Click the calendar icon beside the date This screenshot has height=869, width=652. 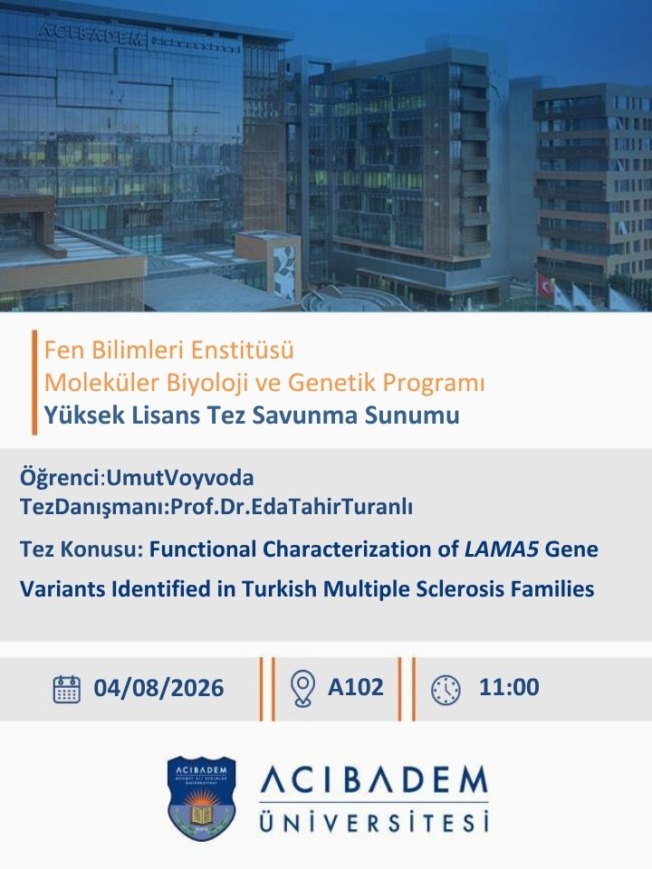pyautogui.click(x=66, y=689)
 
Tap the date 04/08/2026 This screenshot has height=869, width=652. pyautogui.click(x=158, y=688)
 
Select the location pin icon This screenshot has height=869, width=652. pyautogui.click(x=302, y=688)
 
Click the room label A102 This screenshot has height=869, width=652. pyautogui.click(x=355, y=687)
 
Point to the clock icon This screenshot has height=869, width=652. pyautogui.click(x=446, y=690)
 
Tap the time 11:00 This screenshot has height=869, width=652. pyautogui.click(x=509, y=687)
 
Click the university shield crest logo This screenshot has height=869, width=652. pyautogui.click(x=201, y=798)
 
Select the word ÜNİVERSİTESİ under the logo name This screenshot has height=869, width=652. pyautogui.click(x=374, y=821)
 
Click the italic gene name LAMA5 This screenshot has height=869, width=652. pyautogui.click(x=502, y=549)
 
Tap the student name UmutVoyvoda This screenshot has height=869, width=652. pyautogui.click(x=180, y=478)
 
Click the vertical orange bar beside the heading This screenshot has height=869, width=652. pyautogui.click(x=34, y=382)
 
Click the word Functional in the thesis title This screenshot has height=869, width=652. pyautogui.click(x=204, y=549)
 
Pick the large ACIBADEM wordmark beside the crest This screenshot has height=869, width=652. pyautogui.click(x=374, y=781)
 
